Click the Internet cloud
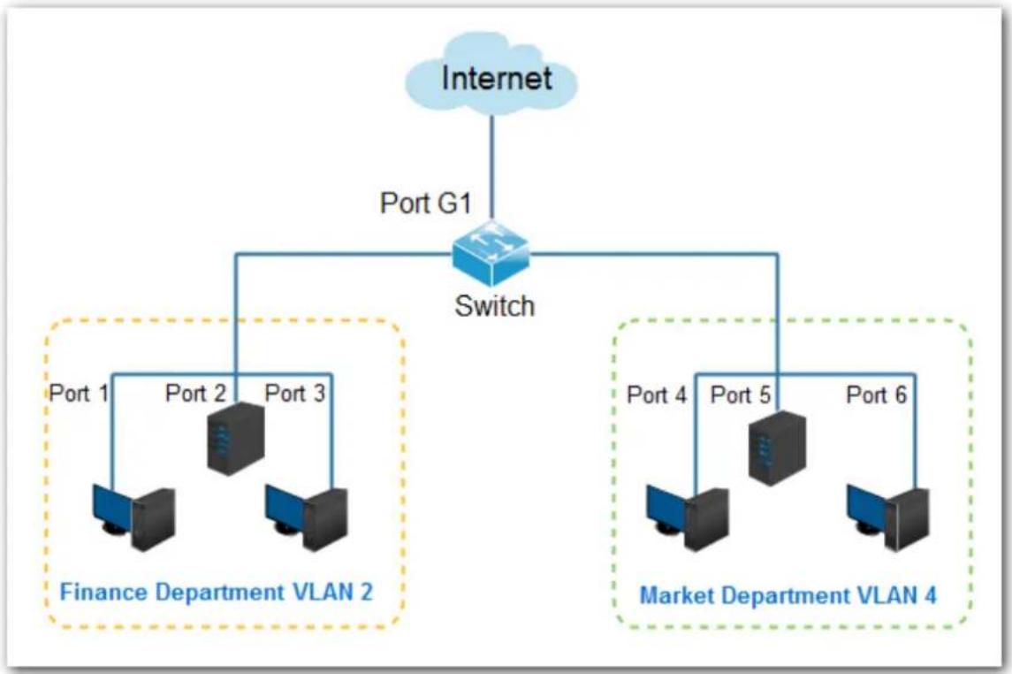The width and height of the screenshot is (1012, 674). (x=491, y=76)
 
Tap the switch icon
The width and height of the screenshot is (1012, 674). (x=491, y=254)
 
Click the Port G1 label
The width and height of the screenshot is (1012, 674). (x=425, y=203)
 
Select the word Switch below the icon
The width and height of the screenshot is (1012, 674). (x=495, y=306)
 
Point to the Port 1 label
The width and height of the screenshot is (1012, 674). (x=79, y=393)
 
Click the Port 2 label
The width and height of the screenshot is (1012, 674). (x=195, y=393)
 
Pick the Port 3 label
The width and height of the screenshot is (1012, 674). (x=295, y=393)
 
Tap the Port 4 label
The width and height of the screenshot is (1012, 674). (x=657, y=394)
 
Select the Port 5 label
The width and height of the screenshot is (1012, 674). (x=741, y=394)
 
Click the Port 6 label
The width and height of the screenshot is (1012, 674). (x=877, y=394)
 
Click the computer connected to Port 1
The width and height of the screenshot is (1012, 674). (x=133, y=517)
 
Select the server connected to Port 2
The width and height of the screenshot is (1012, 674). (x=236, y=439)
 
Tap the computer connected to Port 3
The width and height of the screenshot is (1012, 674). (x=307, y=517)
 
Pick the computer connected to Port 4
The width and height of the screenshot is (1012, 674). (x=688, y=517)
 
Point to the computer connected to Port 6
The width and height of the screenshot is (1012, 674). (x=888, y=517)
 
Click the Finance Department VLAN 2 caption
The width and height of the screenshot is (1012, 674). (x=217, y=592)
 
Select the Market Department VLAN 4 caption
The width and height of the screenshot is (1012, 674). (x=788, y=594)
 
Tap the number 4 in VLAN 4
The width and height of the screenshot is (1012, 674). (x=930, y=594)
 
